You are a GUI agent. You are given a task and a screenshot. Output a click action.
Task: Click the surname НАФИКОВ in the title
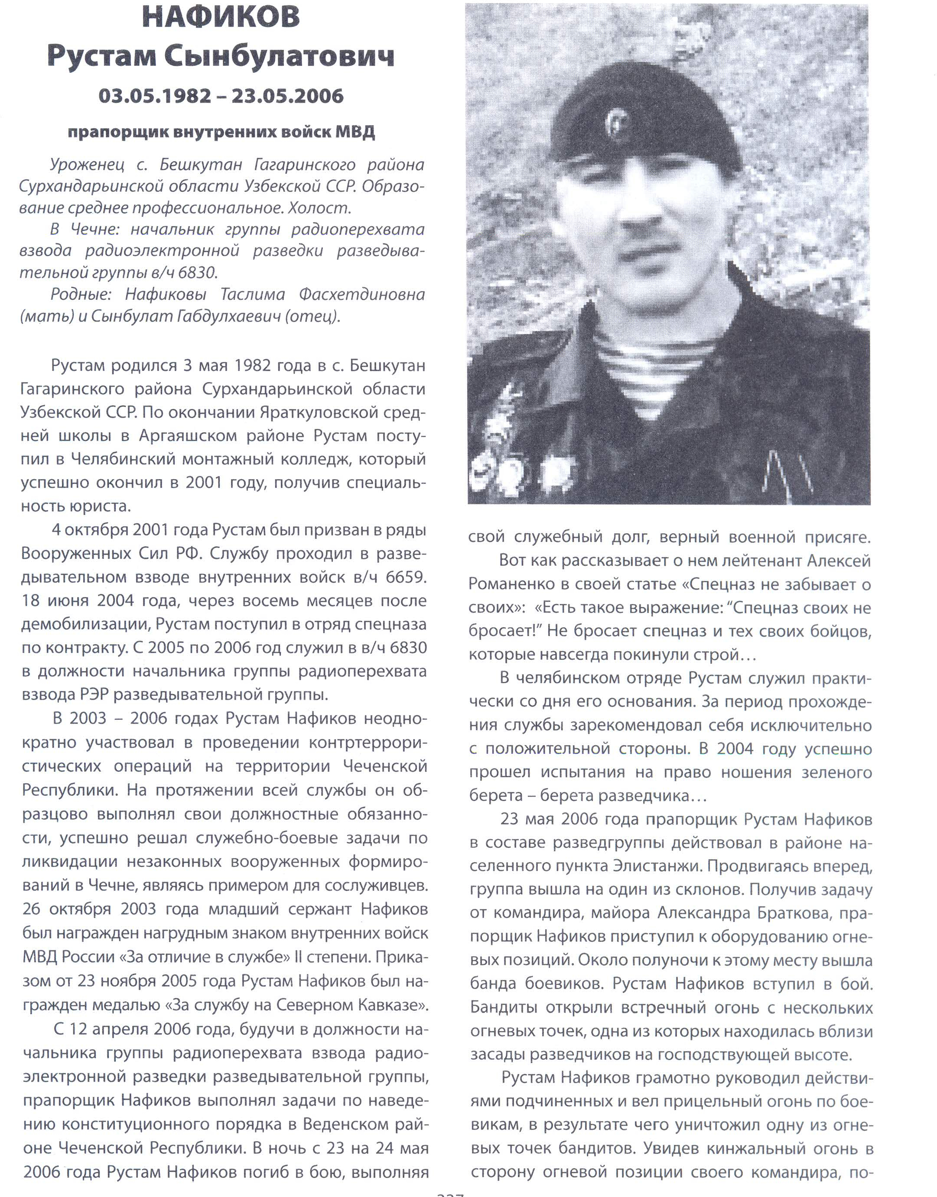point(221,16)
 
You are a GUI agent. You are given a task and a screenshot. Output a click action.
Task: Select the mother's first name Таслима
point(253,295)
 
